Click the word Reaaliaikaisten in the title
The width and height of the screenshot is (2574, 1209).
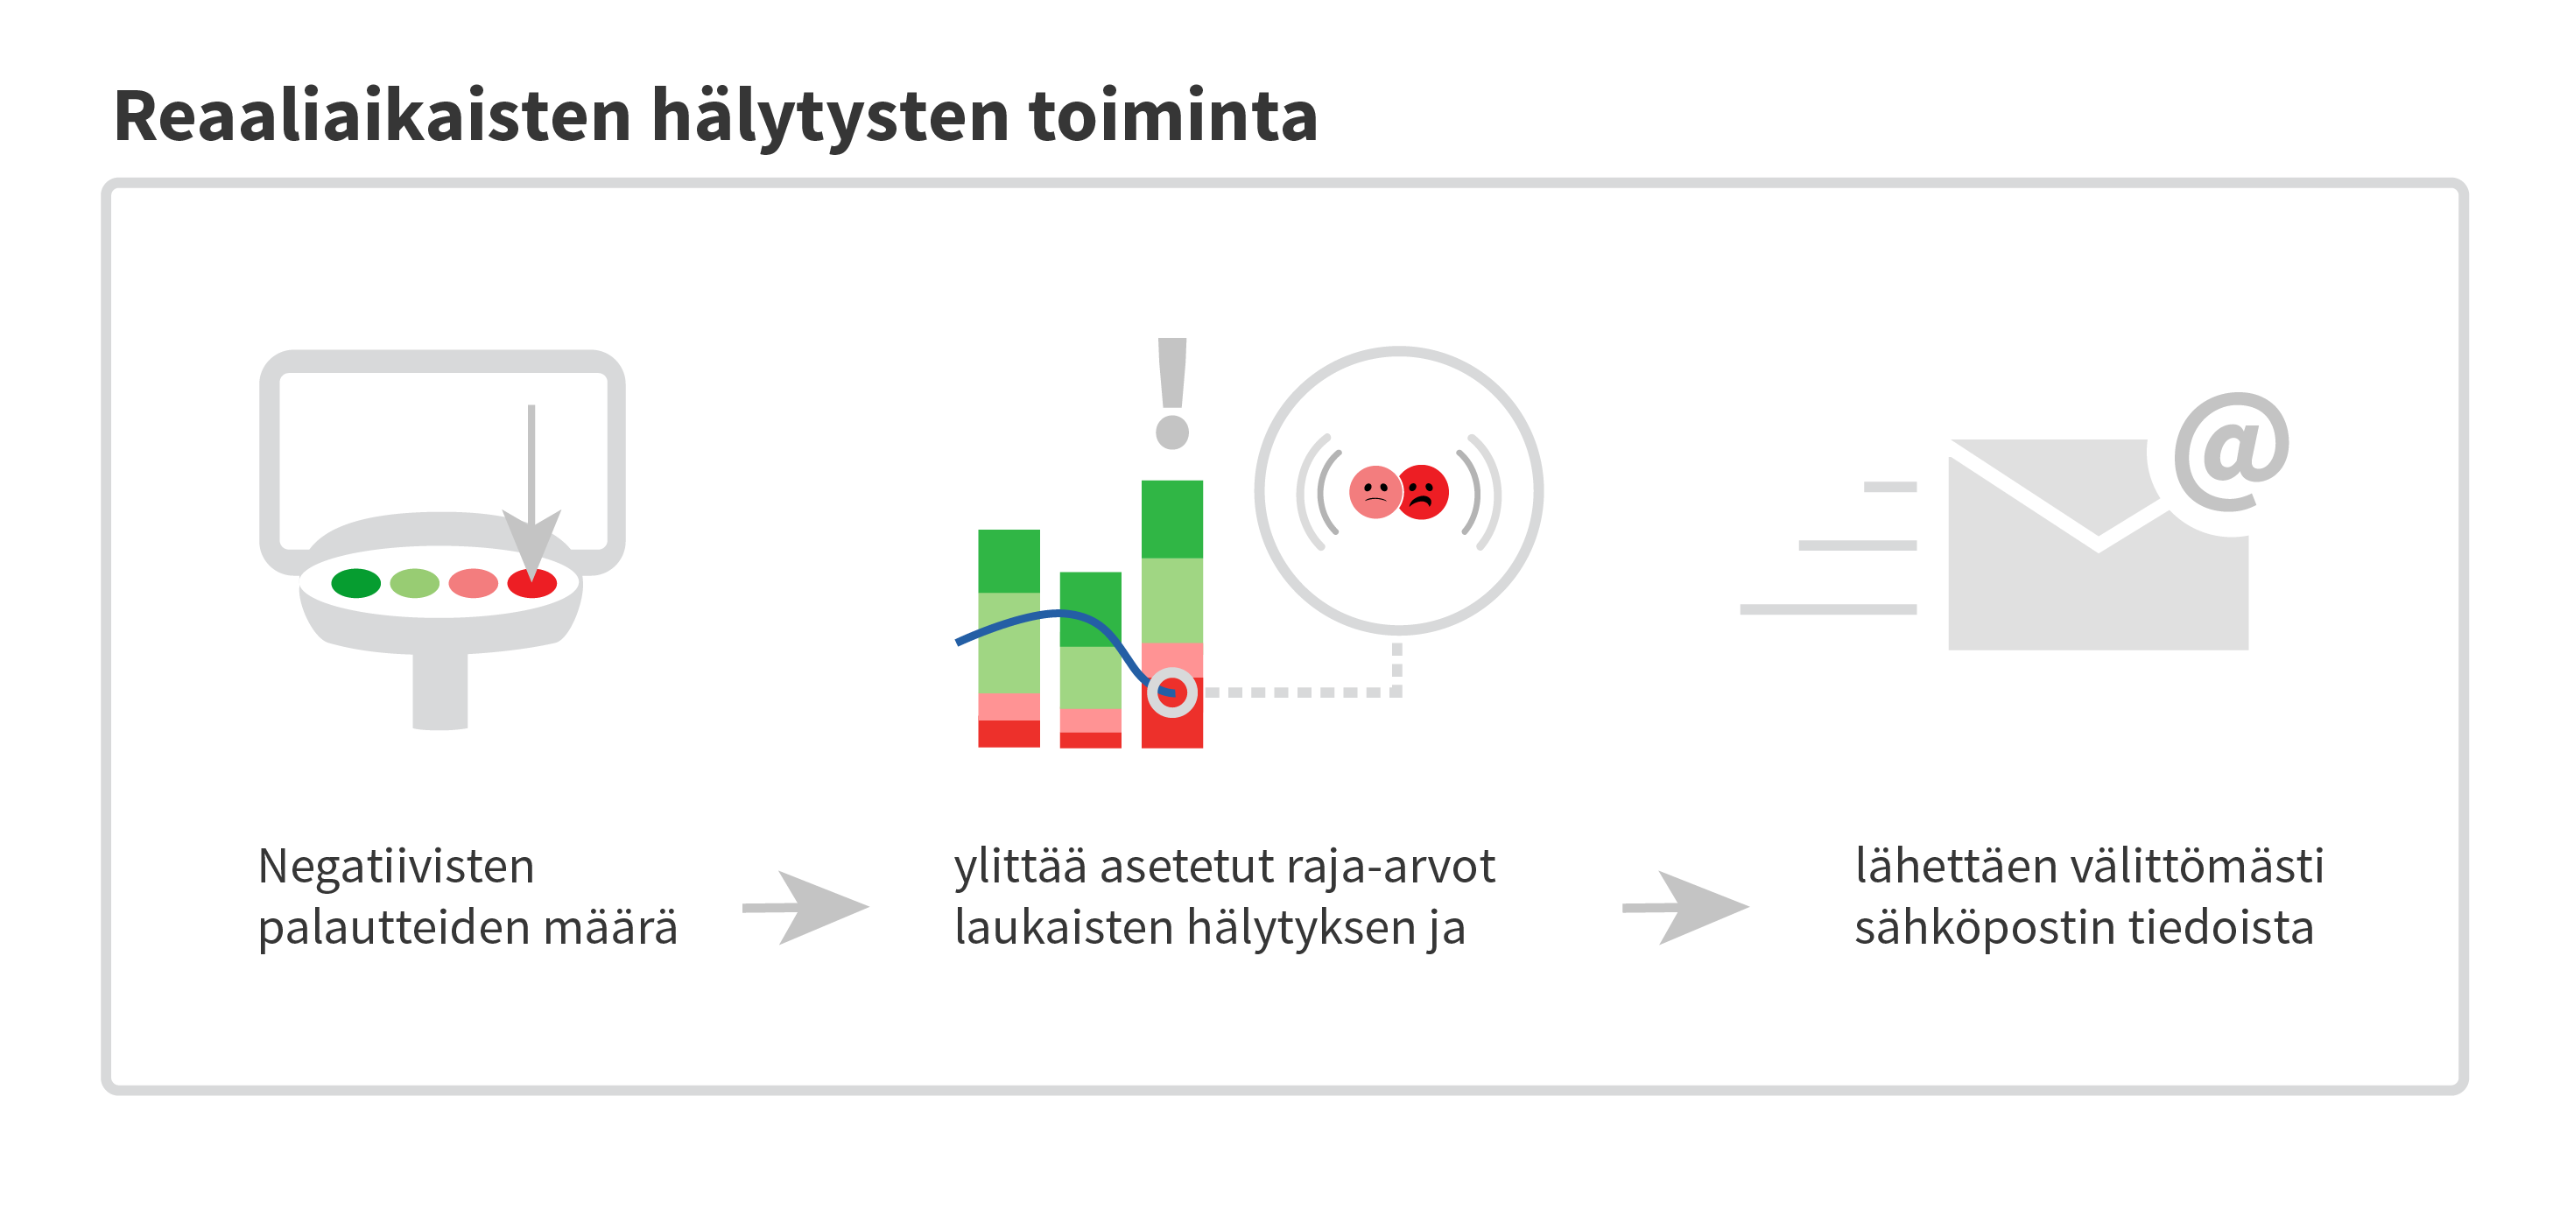373,116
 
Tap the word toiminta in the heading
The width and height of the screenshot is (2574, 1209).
1173,116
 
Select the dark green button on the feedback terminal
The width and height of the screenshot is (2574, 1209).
355,582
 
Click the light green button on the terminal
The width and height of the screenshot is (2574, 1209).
415,582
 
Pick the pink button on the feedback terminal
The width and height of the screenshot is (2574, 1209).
474,582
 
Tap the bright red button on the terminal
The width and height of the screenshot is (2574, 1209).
531,582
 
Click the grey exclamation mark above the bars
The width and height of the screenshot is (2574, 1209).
1172,393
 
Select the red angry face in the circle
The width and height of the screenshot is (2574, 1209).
1423,492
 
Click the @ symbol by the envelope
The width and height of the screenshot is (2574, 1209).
2233,452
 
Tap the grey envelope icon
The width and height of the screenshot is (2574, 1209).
2098,545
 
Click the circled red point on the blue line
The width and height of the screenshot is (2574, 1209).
1172,692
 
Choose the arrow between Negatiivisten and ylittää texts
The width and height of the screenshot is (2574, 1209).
805,907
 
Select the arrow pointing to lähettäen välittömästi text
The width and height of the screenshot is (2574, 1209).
1685,907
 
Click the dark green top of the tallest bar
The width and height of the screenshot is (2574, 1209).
1172,519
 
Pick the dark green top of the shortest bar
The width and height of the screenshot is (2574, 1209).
1090,609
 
